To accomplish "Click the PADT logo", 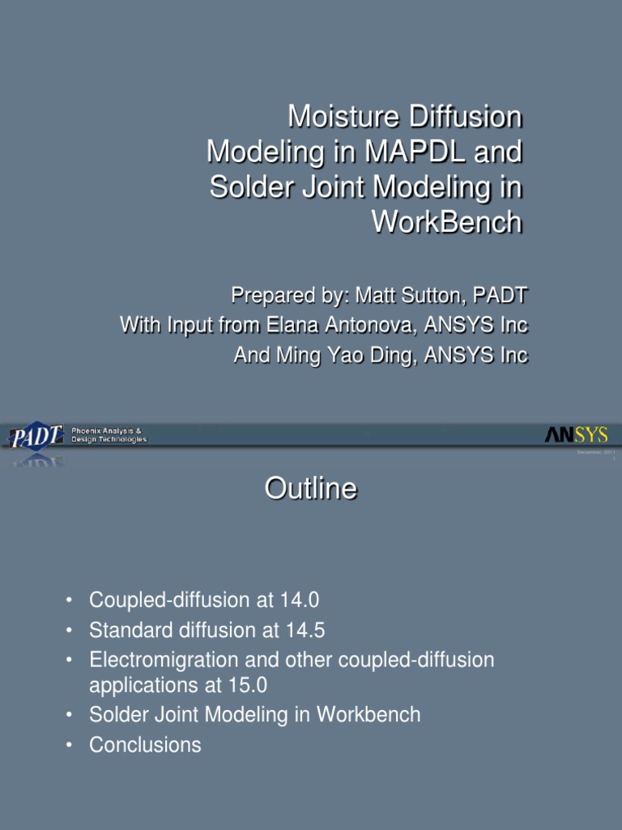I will click(36, 437).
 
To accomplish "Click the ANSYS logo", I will click(576, 436).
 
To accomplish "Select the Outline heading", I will click(310, 489).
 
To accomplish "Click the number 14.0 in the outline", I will click(299, 601).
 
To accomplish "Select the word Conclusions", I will click(145, 745).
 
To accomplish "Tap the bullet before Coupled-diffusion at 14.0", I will click(70, 601).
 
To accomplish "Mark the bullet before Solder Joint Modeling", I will click(70, 715).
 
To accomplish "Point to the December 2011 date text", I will click(596, 453).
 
